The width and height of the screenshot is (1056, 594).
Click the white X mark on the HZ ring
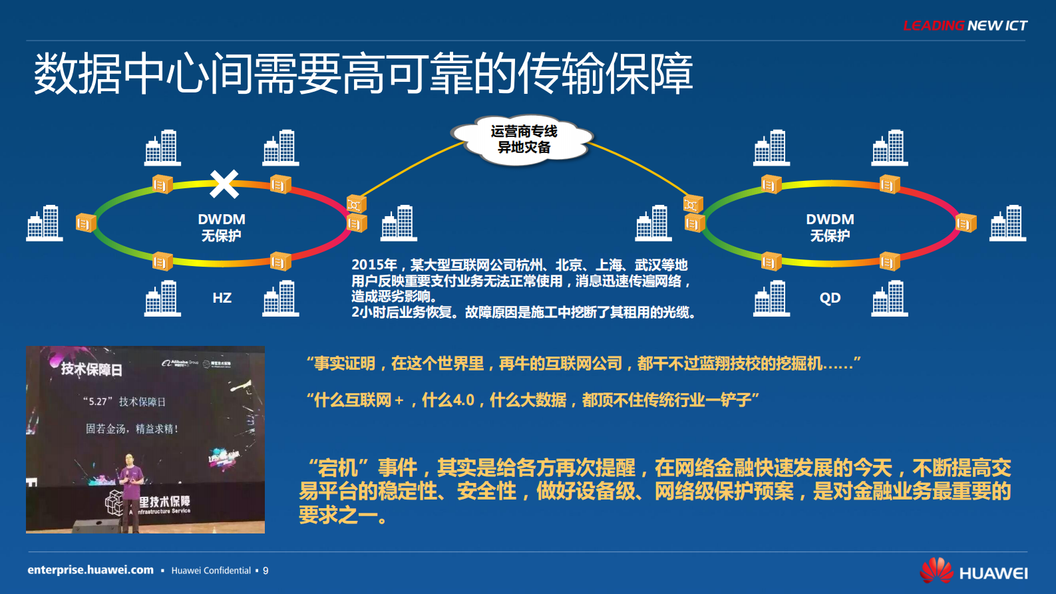click(224, 184)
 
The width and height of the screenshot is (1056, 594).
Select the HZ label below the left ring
click(222, 298)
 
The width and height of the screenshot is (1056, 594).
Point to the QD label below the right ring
click(830, 298)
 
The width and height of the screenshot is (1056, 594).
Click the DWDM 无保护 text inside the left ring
click(222, 227)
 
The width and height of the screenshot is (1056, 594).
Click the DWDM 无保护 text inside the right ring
click(830, 227)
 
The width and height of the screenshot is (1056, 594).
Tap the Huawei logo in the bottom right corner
click(973, 571)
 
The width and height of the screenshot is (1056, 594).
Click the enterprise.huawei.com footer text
click(90, 570)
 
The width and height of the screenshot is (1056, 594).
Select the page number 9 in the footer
click(265, 571)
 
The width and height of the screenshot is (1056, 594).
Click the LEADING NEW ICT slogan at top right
click(965, 26)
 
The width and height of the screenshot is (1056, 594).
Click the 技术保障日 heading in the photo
click(91, 369)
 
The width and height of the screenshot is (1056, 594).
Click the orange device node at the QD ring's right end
click(966, 223)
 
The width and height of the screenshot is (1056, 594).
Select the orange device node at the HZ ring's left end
click(86, 223)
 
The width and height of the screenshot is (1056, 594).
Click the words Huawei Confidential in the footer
click(211, 571)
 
